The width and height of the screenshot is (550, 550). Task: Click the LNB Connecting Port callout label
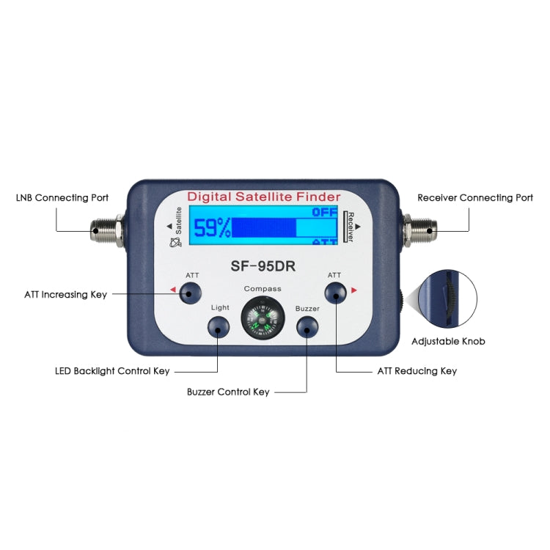tap(62, 198)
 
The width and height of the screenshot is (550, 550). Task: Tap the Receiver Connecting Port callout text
tap(475, 198)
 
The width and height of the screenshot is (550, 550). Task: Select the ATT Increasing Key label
tap(65, 295)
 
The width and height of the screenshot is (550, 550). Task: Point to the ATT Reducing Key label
tap(417, 371)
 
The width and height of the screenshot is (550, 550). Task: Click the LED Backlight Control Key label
tap(112, 371)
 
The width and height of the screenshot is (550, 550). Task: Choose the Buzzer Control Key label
tap(228, 392)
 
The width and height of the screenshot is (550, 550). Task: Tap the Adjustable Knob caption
tap(448, 342)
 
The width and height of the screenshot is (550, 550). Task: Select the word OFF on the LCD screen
tap(324, 212)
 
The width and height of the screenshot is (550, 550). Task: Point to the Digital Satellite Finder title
tap(263, 197)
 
